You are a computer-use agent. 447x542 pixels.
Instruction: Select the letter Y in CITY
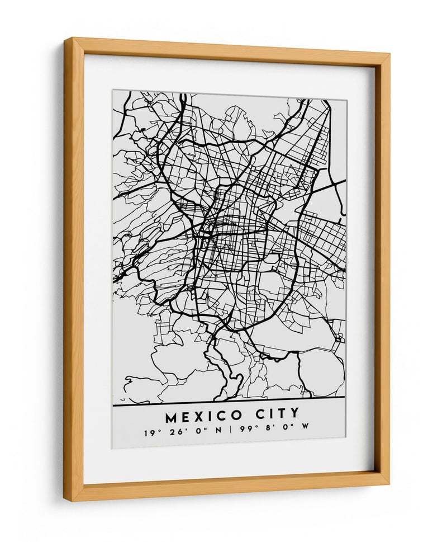tap(294, 414)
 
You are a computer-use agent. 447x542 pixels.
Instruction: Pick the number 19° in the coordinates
tap(149, 432)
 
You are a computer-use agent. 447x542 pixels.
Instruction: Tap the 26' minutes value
tap(169, 432)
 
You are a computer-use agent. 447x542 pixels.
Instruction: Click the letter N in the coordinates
tap(218, 432)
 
